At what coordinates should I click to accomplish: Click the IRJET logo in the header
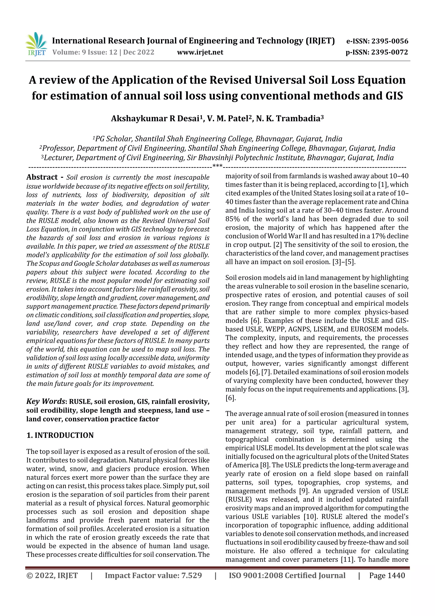click(36, 44)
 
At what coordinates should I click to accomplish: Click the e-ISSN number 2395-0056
click(390, 41)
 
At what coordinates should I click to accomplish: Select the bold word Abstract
click(42, 177)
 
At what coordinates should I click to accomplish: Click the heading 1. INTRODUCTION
click(60, 435)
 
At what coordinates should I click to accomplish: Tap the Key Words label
click(46, 401)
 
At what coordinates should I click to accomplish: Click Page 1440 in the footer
click(387, 575)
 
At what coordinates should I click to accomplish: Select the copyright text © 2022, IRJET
click(52, 575)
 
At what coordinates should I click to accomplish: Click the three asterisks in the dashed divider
click(217, 166)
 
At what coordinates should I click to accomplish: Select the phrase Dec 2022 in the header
click(139, 52)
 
